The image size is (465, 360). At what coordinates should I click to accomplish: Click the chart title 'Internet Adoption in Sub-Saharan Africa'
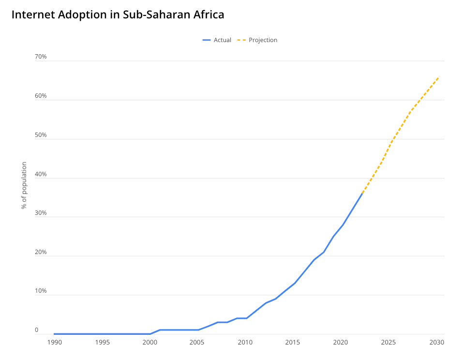[118, 15]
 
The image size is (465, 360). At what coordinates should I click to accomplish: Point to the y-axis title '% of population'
[24, 185]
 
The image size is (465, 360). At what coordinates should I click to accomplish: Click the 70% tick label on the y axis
[41, 57]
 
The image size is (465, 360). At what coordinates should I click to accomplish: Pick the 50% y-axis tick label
[41, 135]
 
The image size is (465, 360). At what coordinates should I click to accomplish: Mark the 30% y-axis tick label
[41, 213]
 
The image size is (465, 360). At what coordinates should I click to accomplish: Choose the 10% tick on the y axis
[41, 291]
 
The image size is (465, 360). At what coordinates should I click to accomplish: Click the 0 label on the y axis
[36, 330]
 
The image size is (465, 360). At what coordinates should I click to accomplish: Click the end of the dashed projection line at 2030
[438, 76]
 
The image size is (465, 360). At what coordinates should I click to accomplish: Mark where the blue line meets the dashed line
[362, 194]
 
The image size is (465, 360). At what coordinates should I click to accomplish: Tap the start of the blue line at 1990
[54, 334]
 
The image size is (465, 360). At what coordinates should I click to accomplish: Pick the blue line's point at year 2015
[295, 283]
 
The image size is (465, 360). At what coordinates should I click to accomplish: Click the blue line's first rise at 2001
[160, 330]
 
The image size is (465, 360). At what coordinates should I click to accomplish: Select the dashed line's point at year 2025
[390, 143]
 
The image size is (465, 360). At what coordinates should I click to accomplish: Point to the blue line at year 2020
[343, 225]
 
